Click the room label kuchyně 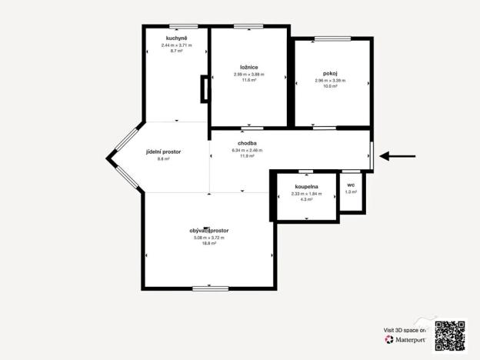coord(177,38)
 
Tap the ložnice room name coord(248,67)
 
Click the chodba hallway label coord(247,143)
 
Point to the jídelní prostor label coord(163,152)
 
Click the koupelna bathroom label coord(307,187)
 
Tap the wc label coord(351,185)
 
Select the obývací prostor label coord(209,231)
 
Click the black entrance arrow coord(398,157)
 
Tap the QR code coord(450,334)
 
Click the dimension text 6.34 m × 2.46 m coord(247,150)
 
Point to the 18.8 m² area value coord(209,243)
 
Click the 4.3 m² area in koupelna coord(307,200)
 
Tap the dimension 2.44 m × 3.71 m coord(177,45)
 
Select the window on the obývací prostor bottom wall coord(210,288)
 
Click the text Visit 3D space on coord(405,330)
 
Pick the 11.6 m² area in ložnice coord(248,80)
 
